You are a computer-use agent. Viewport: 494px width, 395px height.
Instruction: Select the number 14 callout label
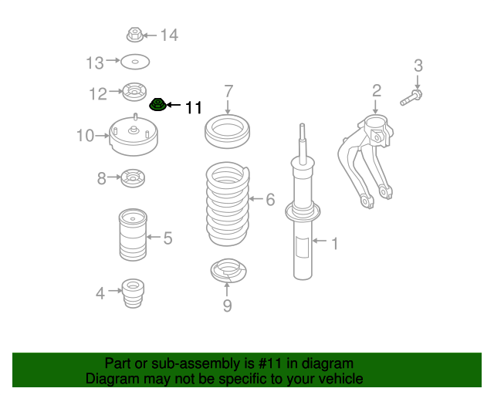coord(169,35)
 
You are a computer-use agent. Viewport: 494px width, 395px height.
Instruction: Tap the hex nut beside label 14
coord(134,35)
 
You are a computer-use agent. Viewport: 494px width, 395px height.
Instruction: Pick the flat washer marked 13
coord(135,61)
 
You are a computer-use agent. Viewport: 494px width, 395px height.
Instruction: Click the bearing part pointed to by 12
coord(134,92)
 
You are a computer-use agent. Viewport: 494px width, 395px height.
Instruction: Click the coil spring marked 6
coord(228,202)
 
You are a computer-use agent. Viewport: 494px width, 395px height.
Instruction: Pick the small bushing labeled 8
coord(133,180)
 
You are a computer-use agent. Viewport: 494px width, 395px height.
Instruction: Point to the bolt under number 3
coord(411,98)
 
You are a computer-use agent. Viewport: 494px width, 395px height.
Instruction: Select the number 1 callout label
coord(334,245)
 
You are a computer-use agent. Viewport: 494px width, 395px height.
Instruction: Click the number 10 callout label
coord(84,137)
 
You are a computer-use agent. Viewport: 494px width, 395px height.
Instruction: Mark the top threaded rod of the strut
coord(302,139)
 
